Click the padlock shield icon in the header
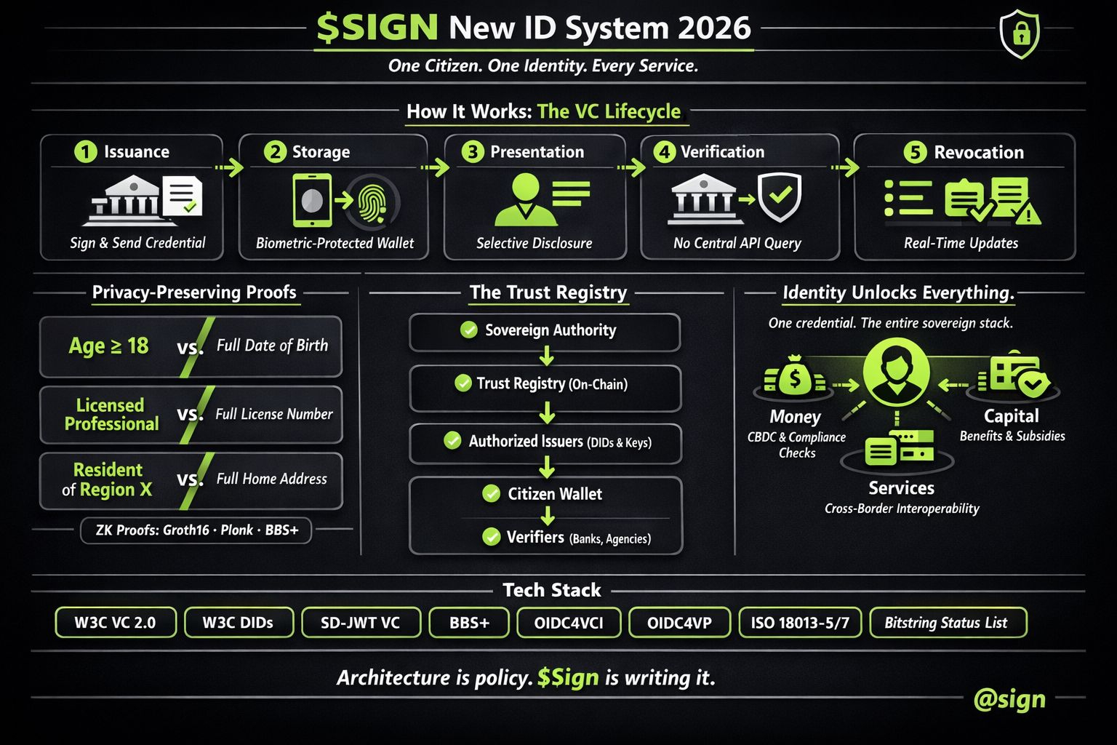pyautogui.click(x=1020, y=33)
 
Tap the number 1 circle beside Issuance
pyautogui.click(x=85, y=151)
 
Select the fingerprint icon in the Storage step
pyautogui.click(x=373, y=200)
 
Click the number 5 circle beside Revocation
pyautogui.click(x=914, y=152)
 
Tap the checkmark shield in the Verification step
pyautogui.click(x=779, y=197)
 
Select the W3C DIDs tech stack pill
pyautogui.click(x=238, y=623)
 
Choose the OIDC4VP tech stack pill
pyautogui.click(x=679, y=623)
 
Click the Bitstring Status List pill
pyautogui.click(x=946, y=623)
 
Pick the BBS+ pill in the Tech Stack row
pyautogui.click(x=469, y=623)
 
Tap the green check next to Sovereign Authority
pyautogui.click(x=469, y=330)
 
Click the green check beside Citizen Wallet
pyautogui.click(x=492, y=494)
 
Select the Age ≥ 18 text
pyautogui.click(x=108, y=346)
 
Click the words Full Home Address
pyautogui.click(x=271, y=479)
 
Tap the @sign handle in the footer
pyautogui.click(x=1009, y=699)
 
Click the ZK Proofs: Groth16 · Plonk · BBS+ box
pyautogui.click(x=196, y=530)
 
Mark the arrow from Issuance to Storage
pyautogui.click(x=230, y=168)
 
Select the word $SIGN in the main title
pyautogui.click(x=377, y=28)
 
